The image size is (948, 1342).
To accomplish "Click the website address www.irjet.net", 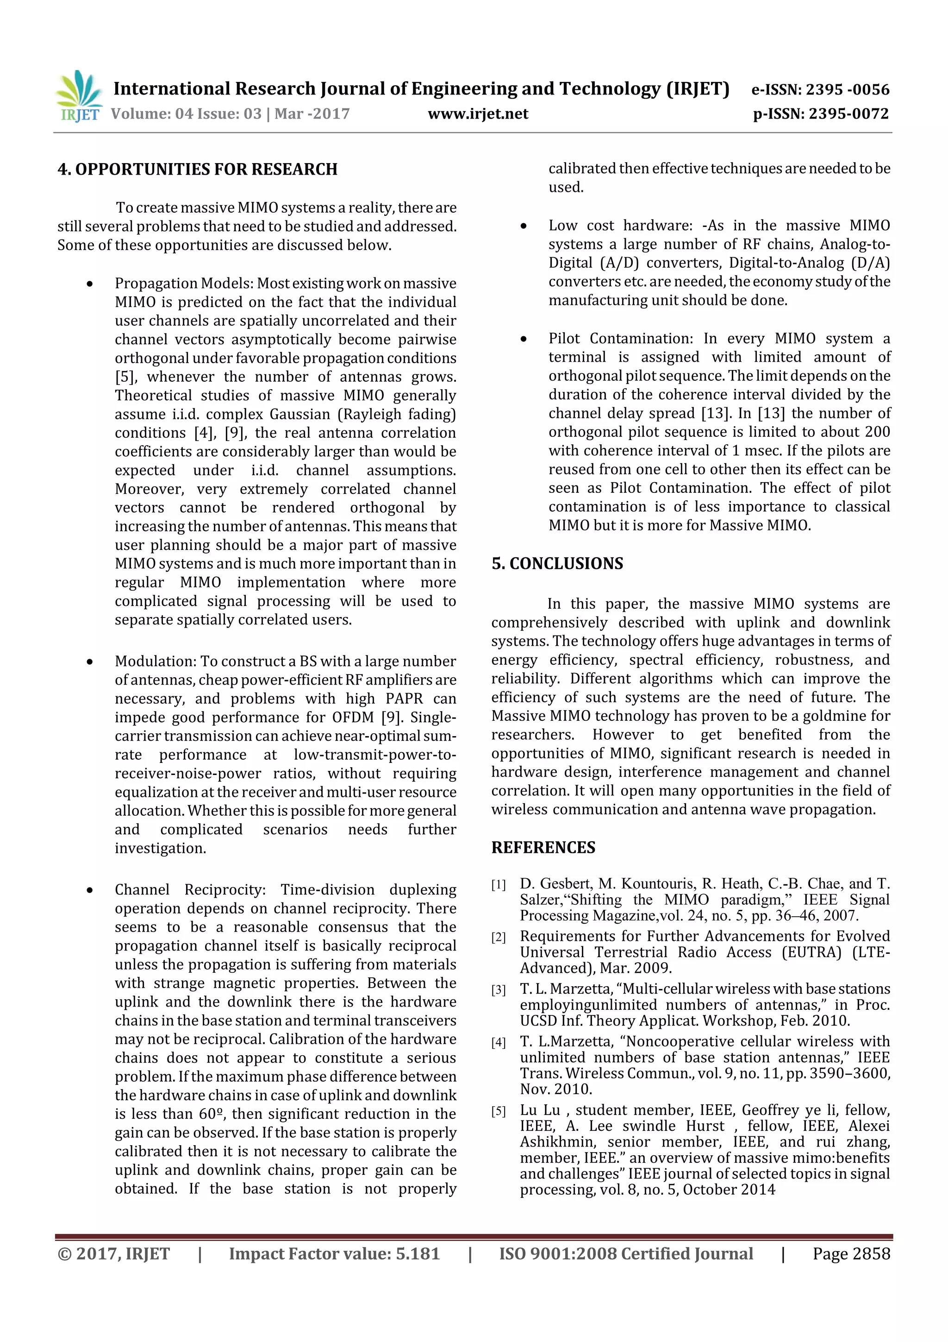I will point(478,114).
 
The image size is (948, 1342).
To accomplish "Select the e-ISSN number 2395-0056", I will point(848,89).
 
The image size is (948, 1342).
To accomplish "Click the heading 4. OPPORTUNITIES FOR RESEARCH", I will point(198,170).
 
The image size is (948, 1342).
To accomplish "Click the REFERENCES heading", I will point(543,848).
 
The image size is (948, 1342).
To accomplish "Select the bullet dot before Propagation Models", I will point(89,284).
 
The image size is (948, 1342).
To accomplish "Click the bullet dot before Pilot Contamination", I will point(524,339).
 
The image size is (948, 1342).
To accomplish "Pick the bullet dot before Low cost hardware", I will point(524,226).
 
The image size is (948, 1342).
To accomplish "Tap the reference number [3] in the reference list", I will point(498,990).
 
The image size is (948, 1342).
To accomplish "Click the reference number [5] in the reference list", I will point(498,1111).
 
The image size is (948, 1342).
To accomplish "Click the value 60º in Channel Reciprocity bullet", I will point(210,1114).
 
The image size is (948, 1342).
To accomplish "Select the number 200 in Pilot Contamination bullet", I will point(874,432).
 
